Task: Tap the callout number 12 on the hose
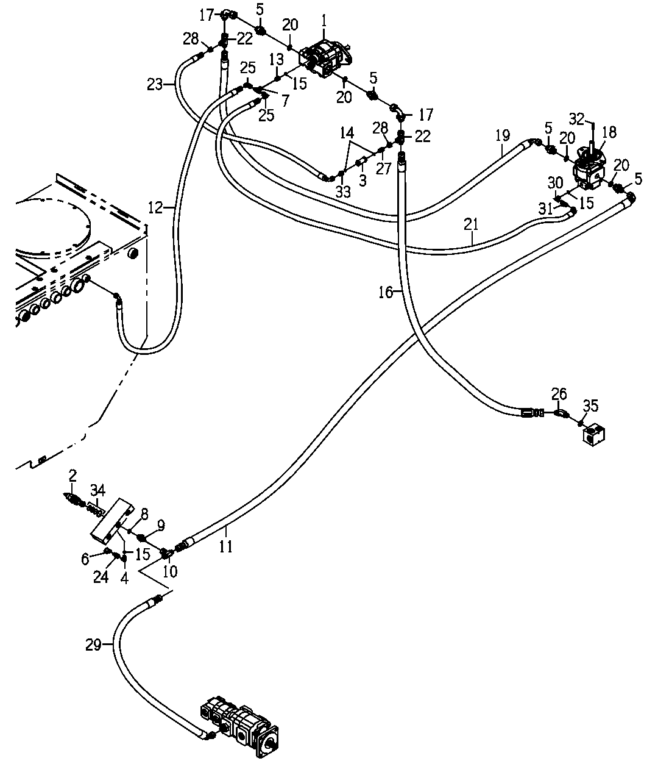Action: pos(155,208)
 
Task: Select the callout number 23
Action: pos(155,85)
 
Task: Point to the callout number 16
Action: pos(386,293)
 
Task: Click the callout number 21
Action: pos(471,224)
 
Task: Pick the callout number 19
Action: pos(503,135)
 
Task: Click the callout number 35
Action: pos(591,406)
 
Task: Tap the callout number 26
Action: pos(559,394)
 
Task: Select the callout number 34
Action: pos(98,490)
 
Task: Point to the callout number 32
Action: pos(577,119)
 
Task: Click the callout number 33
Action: pos(343,192)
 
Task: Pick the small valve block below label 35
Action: pos(593,435)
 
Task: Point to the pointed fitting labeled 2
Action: pos(73,499)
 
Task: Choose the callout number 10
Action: pos(170,571)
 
